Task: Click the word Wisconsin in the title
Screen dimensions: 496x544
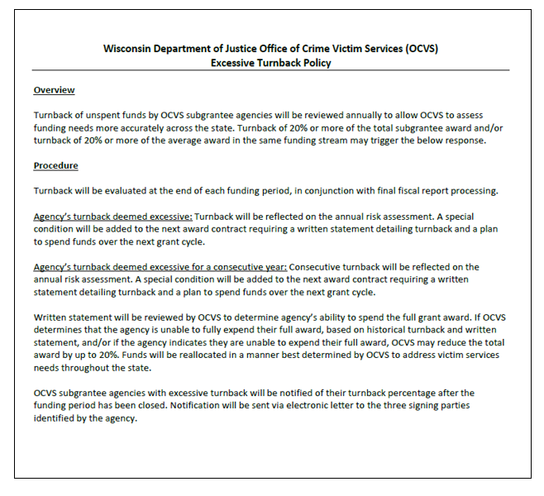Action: tap(129, 48)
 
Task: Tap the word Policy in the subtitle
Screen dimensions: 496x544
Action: tap(314, 62)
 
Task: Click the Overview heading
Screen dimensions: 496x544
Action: tap(54, 89)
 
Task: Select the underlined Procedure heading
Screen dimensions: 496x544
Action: tap(55, 165)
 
